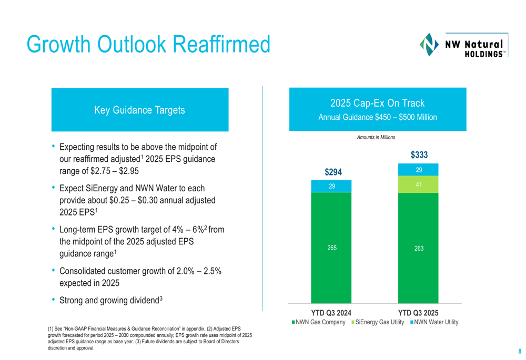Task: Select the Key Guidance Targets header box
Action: point(139,110)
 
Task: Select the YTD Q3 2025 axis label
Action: point(419,313)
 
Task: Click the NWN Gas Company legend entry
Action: point(319,322)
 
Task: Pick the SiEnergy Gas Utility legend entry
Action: point(380,322)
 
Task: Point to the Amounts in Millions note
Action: point(376,137)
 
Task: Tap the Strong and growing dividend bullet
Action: point(112,301)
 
